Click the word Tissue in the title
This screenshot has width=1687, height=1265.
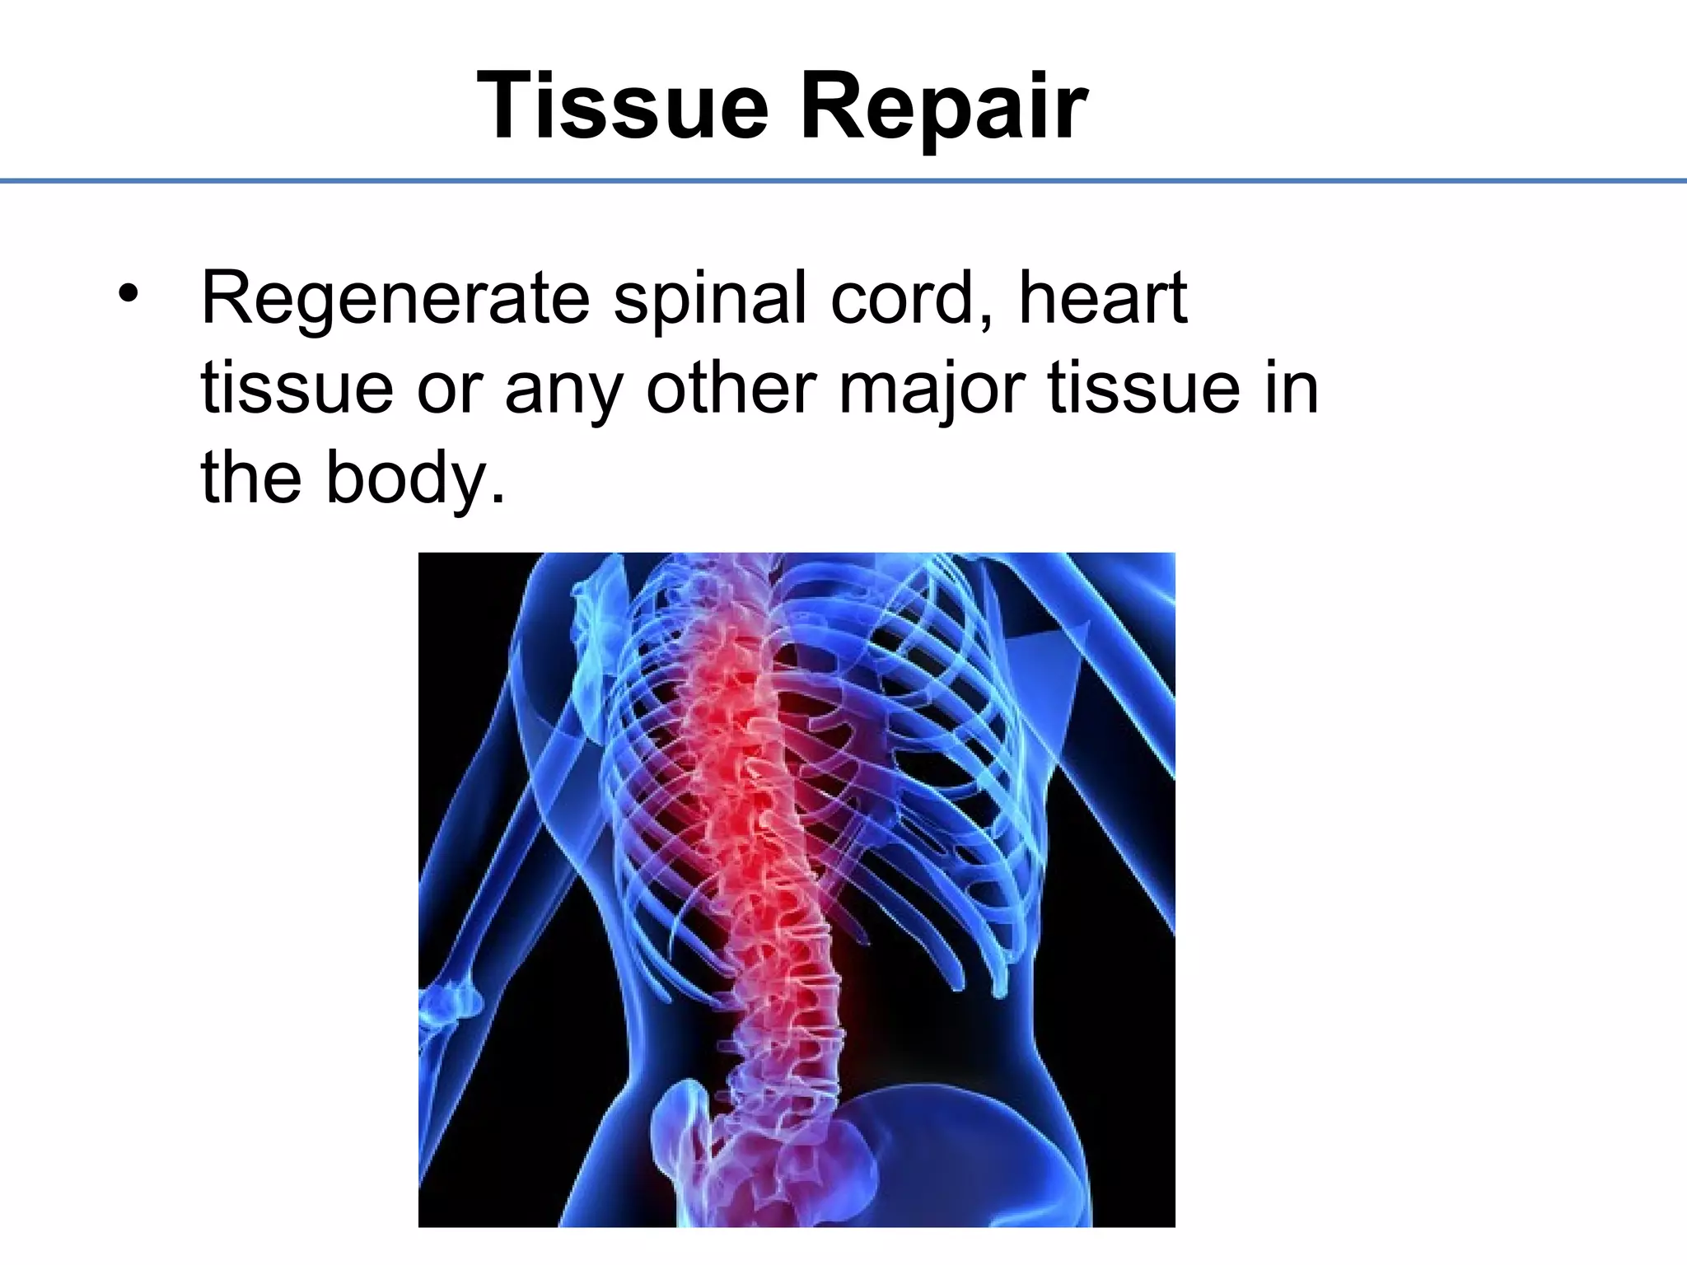[x=622, y=107]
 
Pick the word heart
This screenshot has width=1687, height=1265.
[x=1103, y=298]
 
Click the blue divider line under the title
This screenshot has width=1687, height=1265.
[x=843, y=180]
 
